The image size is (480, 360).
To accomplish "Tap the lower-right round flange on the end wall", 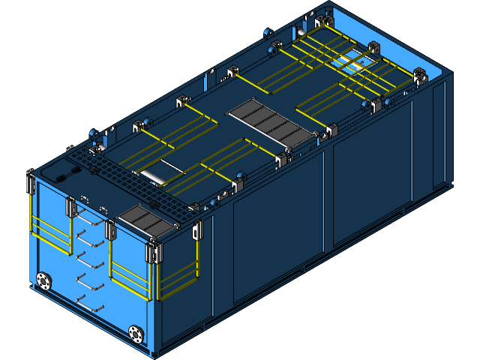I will pyautogui.click(x=136, y=332).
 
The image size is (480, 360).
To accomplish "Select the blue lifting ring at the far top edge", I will pyautogui.click(x=268, y=32).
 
